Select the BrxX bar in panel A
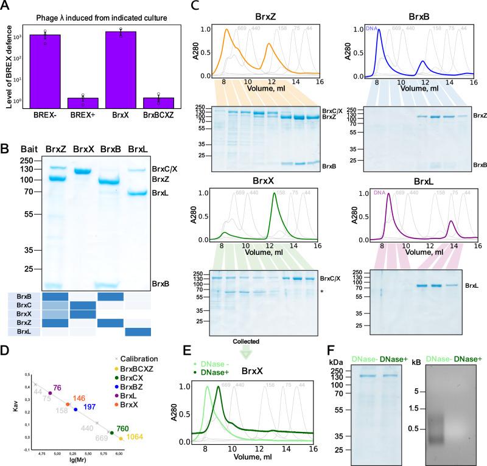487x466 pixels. tap(121, 68)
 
